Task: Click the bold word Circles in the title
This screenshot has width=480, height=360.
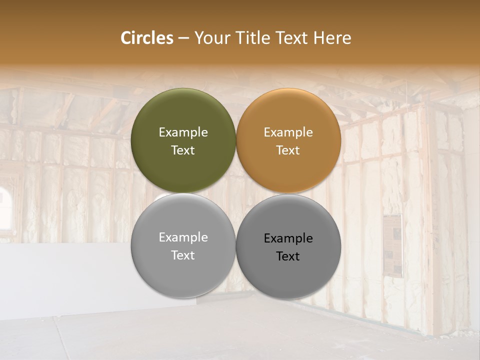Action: click(x=146, y=38)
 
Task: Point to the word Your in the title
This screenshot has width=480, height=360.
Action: click(x=210, y=38)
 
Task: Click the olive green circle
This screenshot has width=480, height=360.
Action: click(x=183, y=115)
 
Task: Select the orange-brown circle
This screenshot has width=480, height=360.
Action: click(x=288, y=115)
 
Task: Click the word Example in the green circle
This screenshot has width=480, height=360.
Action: click(x=183, y=132)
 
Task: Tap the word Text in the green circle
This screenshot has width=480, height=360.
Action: click(x=183, y=150)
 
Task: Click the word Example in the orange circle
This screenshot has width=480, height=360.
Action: click(x=288, y=132)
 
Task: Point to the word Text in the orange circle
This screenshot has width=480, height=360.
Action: click(x=288, y=150)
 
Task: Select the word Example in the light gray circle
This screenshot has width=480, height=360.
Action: click(x=183, y=237)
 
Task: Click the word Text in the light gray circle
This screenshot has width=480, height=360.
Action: click(x=183, y=255)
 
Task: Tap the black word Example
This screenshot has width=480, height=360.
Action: click(x=288, y=238)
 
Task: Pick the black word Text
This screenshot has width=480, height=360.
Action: click(x=288, y=256)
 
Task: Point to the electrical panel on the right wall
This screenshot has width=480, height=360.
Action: click(x=393, y=245)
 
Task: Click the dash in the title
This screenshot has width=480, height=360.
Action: click(x=183, y=38)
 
